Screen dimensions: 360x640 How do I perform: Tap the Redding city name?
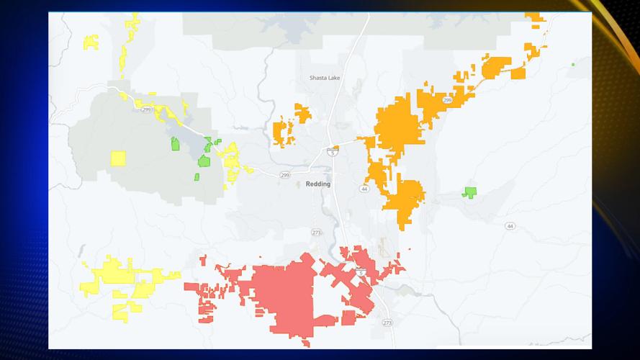[318, 184]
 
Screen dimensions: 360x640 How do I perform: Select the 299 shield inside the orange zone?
[447, 101]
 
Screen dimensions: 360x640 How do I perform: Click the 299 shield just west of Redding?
[284, 174]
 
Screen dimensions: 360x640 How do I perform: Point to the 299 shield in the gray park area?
[146, 109]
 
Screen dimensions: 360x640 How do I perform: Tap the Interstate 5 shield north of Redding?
[332, 151]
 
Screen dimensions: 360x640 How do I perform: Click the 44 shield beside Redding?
[365, 189]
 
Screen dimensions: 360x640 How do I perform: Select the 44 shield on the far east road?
[510, 226]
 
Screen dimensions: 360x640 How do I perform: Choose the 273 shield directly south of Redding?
[316, 233]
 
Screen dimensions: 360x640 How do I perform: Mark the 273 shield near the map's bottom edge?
[387, 322]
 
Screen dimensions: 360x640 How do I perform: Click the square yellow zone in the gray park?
[117, 158]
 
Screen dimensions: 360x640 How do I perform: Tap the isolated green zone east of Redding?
[470, 192]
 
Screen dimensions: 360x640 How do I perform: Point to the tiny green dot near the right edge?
[573, 65]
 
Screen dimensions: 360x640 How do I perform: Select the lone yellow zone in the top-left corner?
[91, 42]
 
